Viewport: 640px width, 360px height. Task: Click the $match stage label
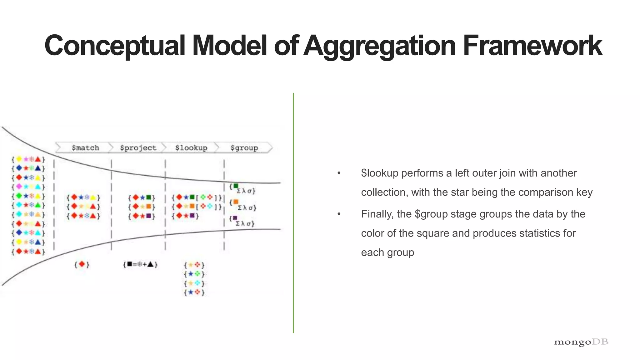85,148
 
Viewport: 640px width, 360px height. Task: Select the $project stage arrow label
138,148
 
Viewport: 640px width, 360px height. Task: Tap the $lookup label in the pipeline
191,148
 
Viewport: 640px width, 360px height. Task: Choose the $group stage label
244,148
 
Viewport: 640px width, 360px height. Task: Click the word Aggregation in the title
379,46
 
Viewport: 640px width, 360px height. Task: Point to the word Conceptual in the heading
115,46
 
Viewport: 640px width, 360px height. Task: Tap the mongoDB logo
581,342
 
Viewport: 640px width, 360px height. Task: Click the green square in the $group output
236,186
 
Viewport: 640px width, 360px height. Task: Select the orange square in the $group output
236,202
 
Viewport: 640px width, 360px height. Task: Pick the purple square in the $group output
235,218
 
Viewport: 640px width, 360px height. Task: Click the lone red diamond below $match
82,264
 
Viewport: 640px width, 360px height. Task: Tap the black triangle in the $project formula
151,264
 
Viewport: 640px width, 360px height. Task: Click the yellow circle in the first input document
19,159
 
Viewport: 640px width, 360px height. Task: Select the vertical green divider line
293,212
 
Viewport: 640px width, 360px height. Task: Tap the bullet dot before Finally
339,214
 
